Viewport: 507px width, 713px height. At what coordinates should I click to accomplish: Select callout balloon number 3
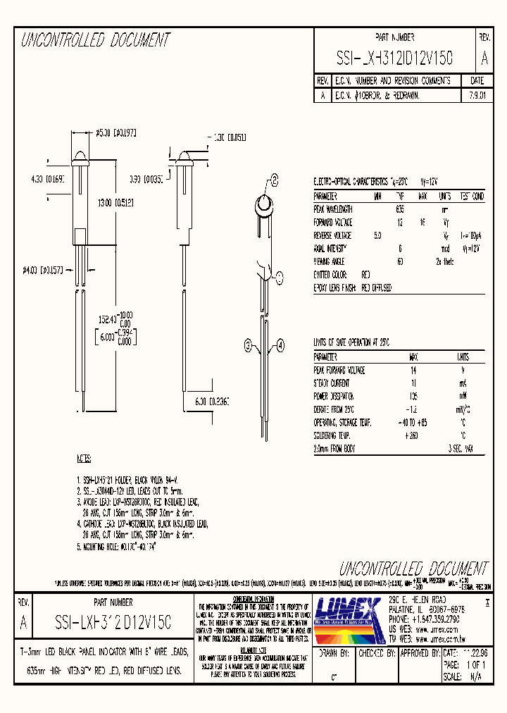(x=248, y=345)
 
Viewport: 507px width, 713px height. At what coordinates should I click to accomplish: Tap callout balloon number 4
(x=280, y=345)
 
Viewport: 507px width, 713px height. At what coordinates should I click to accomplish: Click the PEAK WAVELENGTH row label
(x=333, y=209)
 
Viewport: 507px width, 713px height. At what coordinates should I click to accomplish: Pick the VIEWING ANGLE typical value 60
(x=400, y=261)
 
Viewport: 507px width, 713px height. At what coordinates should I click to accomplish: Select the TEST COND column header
(x=472, y=197)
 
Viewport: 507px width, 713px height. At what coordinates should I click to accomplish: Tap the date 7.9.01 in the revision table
(x=476, y=94)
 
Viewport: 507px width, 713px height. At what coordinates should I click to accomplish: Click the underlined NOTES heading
(x=83, y=458)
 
